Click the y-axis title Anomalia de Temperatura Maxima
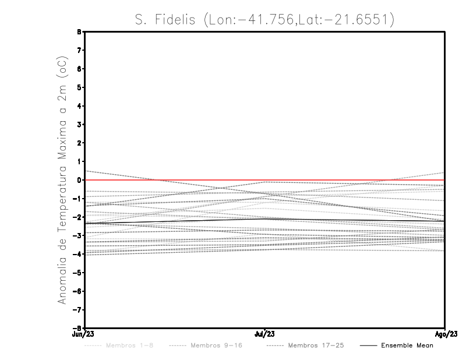point(63,181)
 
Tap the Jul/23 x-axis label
point(266,333)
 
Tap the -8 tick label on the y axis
point(78,328)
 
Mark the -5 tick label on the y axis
point(78,273)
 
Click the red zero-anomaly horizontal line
point(349,180)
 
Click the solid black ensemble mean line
point(175,220)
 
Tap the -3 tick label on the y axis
point(78,235)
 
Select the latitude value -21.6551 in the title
point(356,20)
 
